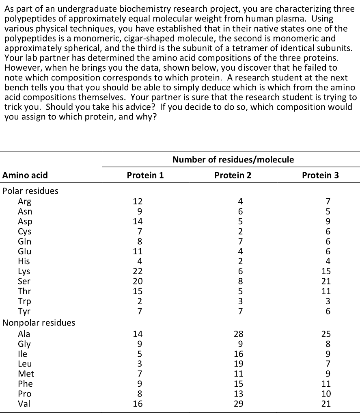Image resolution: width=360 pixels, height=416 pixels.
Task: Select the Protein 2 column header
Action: (233, 175)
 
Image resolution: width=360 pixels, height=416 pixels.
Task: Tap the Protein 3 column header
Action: (320, 175)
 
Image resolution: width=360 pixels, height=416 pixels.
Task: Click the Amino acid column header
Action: (25, 175)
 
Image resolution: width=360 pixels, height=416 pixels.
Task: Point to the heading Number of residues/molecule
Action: (233, 159)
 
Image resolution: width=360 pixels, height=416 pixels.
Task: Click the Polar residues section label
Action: (30, 191)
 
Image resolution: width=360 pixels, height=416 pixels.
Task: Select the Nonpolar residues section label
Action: (39, 323)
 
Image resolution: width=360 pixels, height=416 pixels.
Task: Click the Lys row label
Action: (24, 271)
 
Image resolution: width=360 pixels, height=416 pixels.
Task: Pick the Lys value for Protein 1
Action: (138, 271)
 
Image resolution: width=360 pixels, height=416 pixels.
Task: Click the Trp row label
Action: (24, 301)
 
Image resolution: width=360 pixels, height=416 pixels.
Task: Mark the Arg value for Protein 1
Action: (138, 201)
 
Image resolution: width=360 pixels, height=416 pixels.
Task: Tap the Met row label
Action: (26, 374)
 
